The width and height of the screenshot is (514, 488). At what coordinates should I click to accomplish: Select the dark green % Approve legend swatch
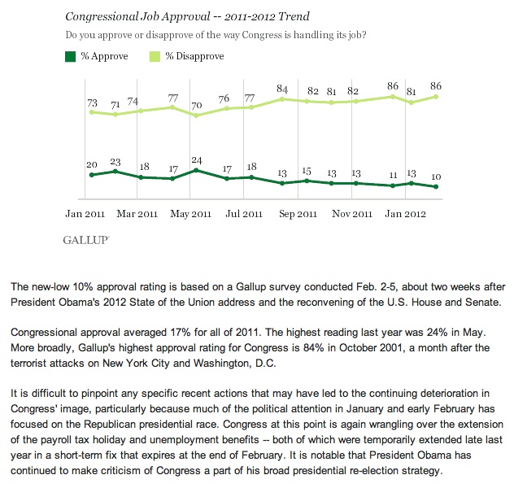click(69, 56)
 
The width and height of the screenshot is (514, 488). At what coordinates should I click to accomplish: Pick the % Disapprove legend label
click(194, 56)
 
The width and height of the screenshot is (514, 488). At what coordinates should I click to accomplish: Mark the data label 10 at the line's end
click(438, 176)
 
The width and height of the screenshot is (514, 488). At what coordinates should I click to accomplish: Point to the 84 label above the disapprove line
click(283, 89)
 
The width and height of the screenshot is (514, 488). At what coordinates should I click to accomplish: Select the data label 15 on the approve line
click(307, 171)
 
